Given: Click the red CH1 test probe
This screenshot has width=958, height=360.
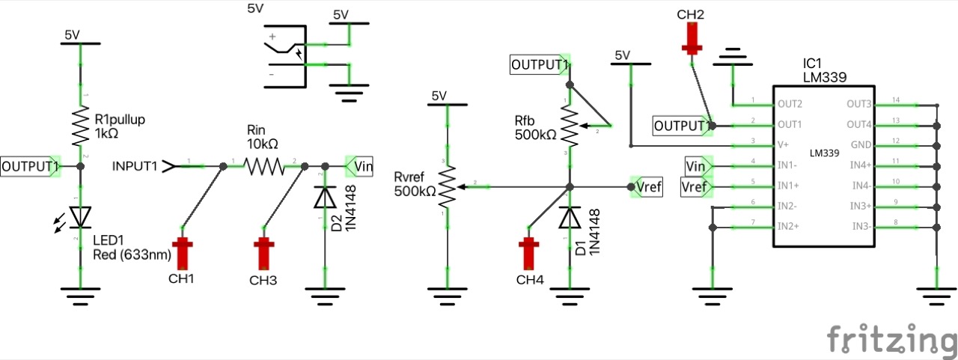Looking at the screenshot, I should point(182,253).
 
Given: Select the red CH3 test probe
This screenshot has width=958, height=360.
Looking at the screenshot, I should point(263,253).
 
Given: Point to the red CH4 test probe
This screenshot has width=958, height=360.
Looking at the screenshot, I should point(529,253).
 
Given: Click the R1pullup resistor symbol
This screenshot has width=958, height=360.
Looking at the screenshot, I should point(80,126).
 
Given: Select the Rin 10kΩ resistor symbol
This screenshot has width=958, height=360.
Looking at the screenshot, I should point(264,165).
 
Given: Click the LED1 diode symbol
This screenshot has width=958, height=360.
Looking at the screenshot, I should point(80,216).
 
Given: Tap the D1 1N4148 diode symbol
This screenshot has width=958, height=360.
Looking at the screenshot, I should point(570,217).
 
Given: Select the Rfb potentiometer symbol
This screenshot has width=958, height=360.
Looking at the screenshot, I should point(570,126).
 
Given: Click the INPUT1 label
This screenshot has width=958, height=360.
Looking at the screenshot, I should point(135,165).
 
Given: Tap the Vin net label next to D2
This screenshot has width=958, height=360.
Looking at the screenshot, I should point(361,165).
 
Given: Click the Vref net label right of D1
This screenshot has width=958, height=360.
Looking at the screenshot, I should point(647,186).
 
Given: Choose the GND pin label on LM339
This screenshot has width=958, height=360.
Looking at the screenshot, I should point(861,144).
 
